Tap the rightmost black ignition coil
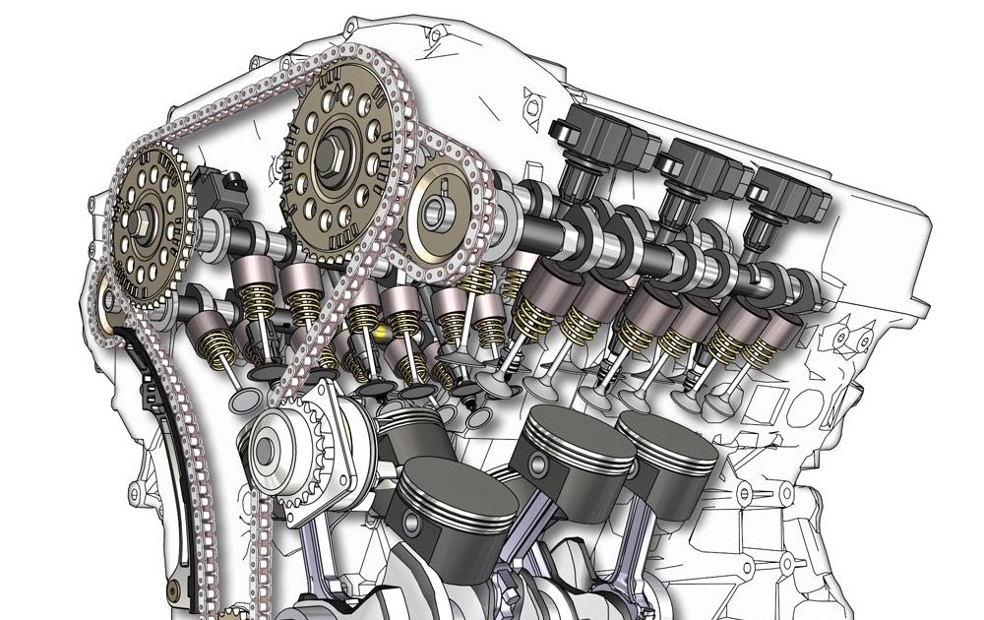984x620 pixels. click(x=777, y=202)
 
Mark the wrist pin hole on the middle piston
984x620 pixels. click(x=540, y=464)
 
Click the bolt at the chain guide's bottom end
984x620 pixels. click(x=174, y=590)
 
